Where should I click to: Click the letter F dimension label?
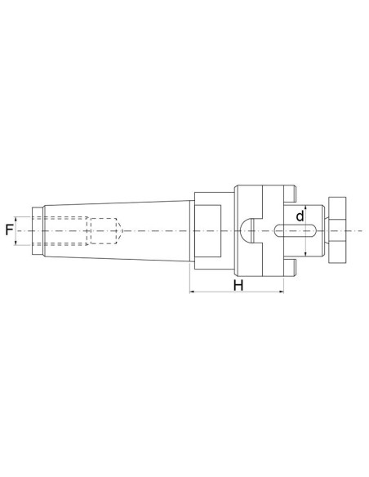click(x=9, y=231)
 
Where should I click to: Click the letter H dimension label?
click(x=238, y=286)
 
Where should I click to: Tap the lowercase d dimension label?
click(x=300, y=216)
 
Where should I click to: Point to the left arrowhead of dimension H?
click(x=193, y=291)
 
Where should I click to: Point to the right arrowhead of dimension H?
click(x=282, y=291)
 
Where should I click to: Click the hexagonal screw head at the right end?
click(x=336, y=231)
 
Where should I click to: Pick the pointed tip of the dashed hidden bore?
click(x=120, y=231)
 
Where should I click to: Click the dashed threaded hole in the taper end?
click(x=65, y=231)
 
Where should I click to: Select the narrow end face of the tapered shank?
click(x=33, y=231)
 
